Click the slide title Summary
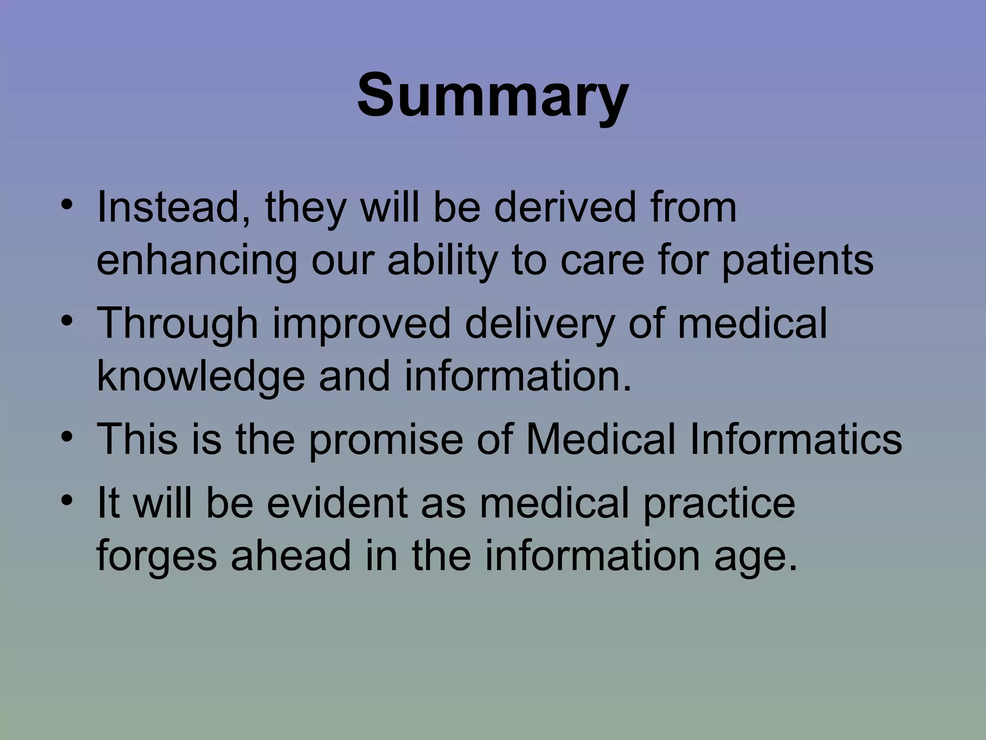[x=493, y=95]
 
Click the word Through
[x=178, y=324]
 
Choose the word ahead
[x=291, y=555]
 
